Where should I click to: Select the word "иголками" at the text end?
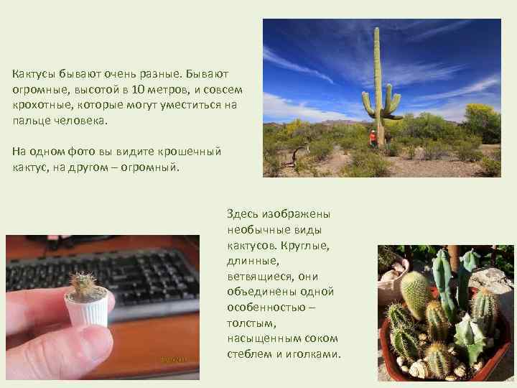point(317,355)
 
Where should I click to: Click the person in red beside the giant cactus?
point(373,137)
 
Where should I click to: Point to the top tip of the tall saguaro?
point(376,30)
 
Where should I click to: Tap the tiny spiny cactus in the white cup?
point(83,284)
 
